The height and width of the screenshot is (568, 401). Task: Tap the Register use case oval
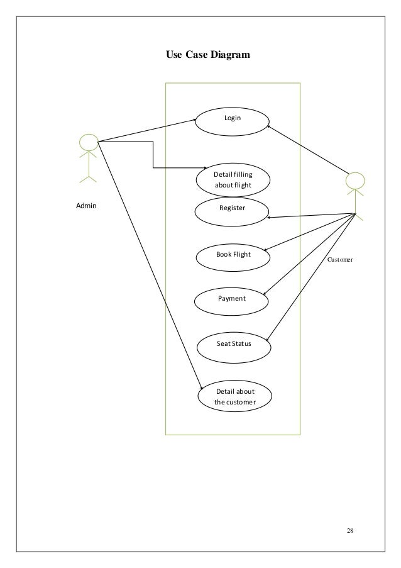tap(231, 211)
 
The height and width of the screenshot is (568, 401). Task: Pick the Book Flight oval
tap(233, 255)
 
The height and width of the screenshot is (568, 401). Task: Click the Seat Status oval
tap(233, 345)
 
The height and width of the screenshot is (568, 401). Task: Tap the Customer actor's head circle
tap(356, 181)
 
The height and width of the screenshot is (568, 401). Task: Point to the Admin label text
tap(87, 206)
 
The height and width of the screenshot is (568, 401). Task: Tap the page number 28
tap(350, 531)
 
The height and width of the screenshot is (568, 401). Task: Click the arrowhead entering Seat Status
tap(270, 340)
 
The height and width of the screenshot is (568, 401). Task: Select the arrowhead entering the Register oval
tap(270, 218)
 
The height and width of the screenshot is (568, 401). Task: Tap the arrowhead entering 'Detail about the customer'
tap(201, 389)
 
